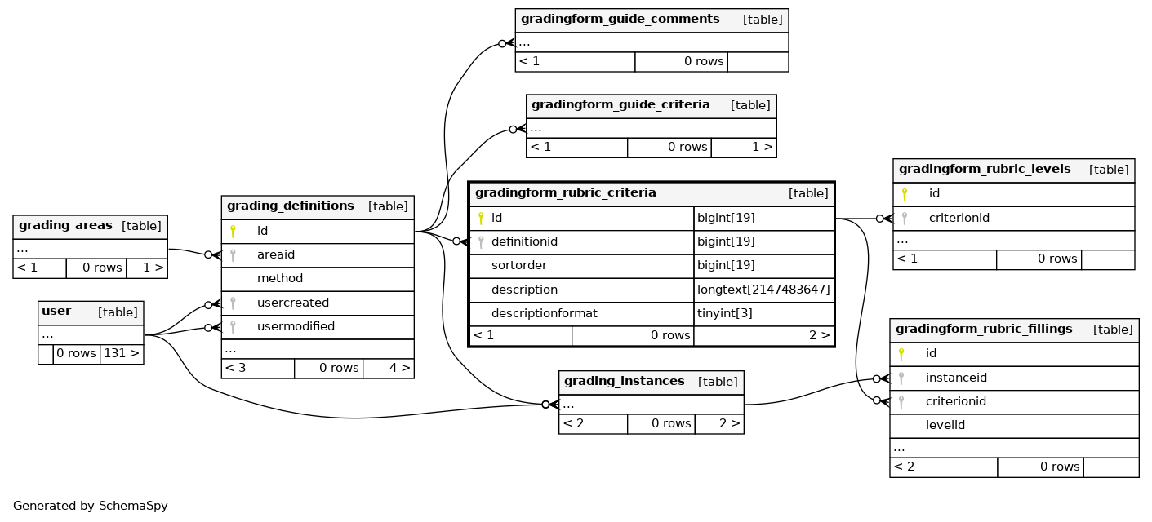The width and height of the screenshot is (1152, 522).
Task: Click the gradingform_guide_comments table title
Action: click(x=620, y=19)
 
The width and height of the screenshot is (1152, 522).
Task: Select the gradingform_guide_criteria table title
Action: click(x=620, y=105)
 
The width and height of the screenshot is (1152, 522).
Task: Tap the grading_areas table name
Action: click(x=65, y=225)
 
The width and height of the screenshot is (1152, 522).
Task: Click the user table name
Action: click(x=56, y=311)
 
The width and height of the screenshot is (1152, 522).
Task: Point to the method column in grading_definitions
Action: click(x=280, y=278)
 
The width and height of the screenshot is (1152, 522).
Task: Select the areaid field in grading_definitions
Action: click(x=276, y=254)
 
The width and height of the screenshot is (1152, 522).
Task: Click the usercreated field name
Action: click(x=292, y=303)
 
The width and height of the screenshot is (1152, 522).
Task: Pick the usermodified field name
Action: click(x=296, y=326)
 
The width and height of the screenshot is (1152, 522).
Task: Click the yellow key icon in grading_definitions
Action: click(x=233, y=231)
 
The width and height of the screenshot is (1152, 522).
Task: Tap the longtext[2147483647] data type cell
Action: click(x=763, y=290)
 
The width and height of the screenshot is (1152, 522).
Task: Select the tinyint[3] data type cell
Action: click(x=725, y=313)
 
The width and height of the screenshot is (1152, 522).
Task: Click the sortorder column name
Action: click(x=519, y=266)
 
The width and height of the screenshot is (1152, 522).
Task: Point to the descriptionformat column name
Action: click(x=544, y=313)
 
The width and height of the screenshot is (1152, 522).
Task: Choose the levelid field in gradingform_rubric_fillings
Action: click(x=945, y=426)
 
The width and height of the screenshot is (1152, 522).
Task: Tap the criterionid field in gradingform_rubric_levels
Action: click(x=959, y=218)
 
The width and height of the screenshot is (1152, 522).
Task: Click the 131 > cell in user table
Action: click(x=122, y=353)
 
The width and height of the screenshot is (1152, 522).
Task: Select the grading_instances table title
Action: click(x=624, y=381)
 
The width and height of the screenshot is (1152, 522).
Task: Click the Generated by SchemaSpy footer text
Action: click(x=91, y=506)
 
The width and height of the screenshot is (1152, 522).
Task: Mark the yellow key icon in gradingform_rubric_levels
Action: click(x=905, y=194)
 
